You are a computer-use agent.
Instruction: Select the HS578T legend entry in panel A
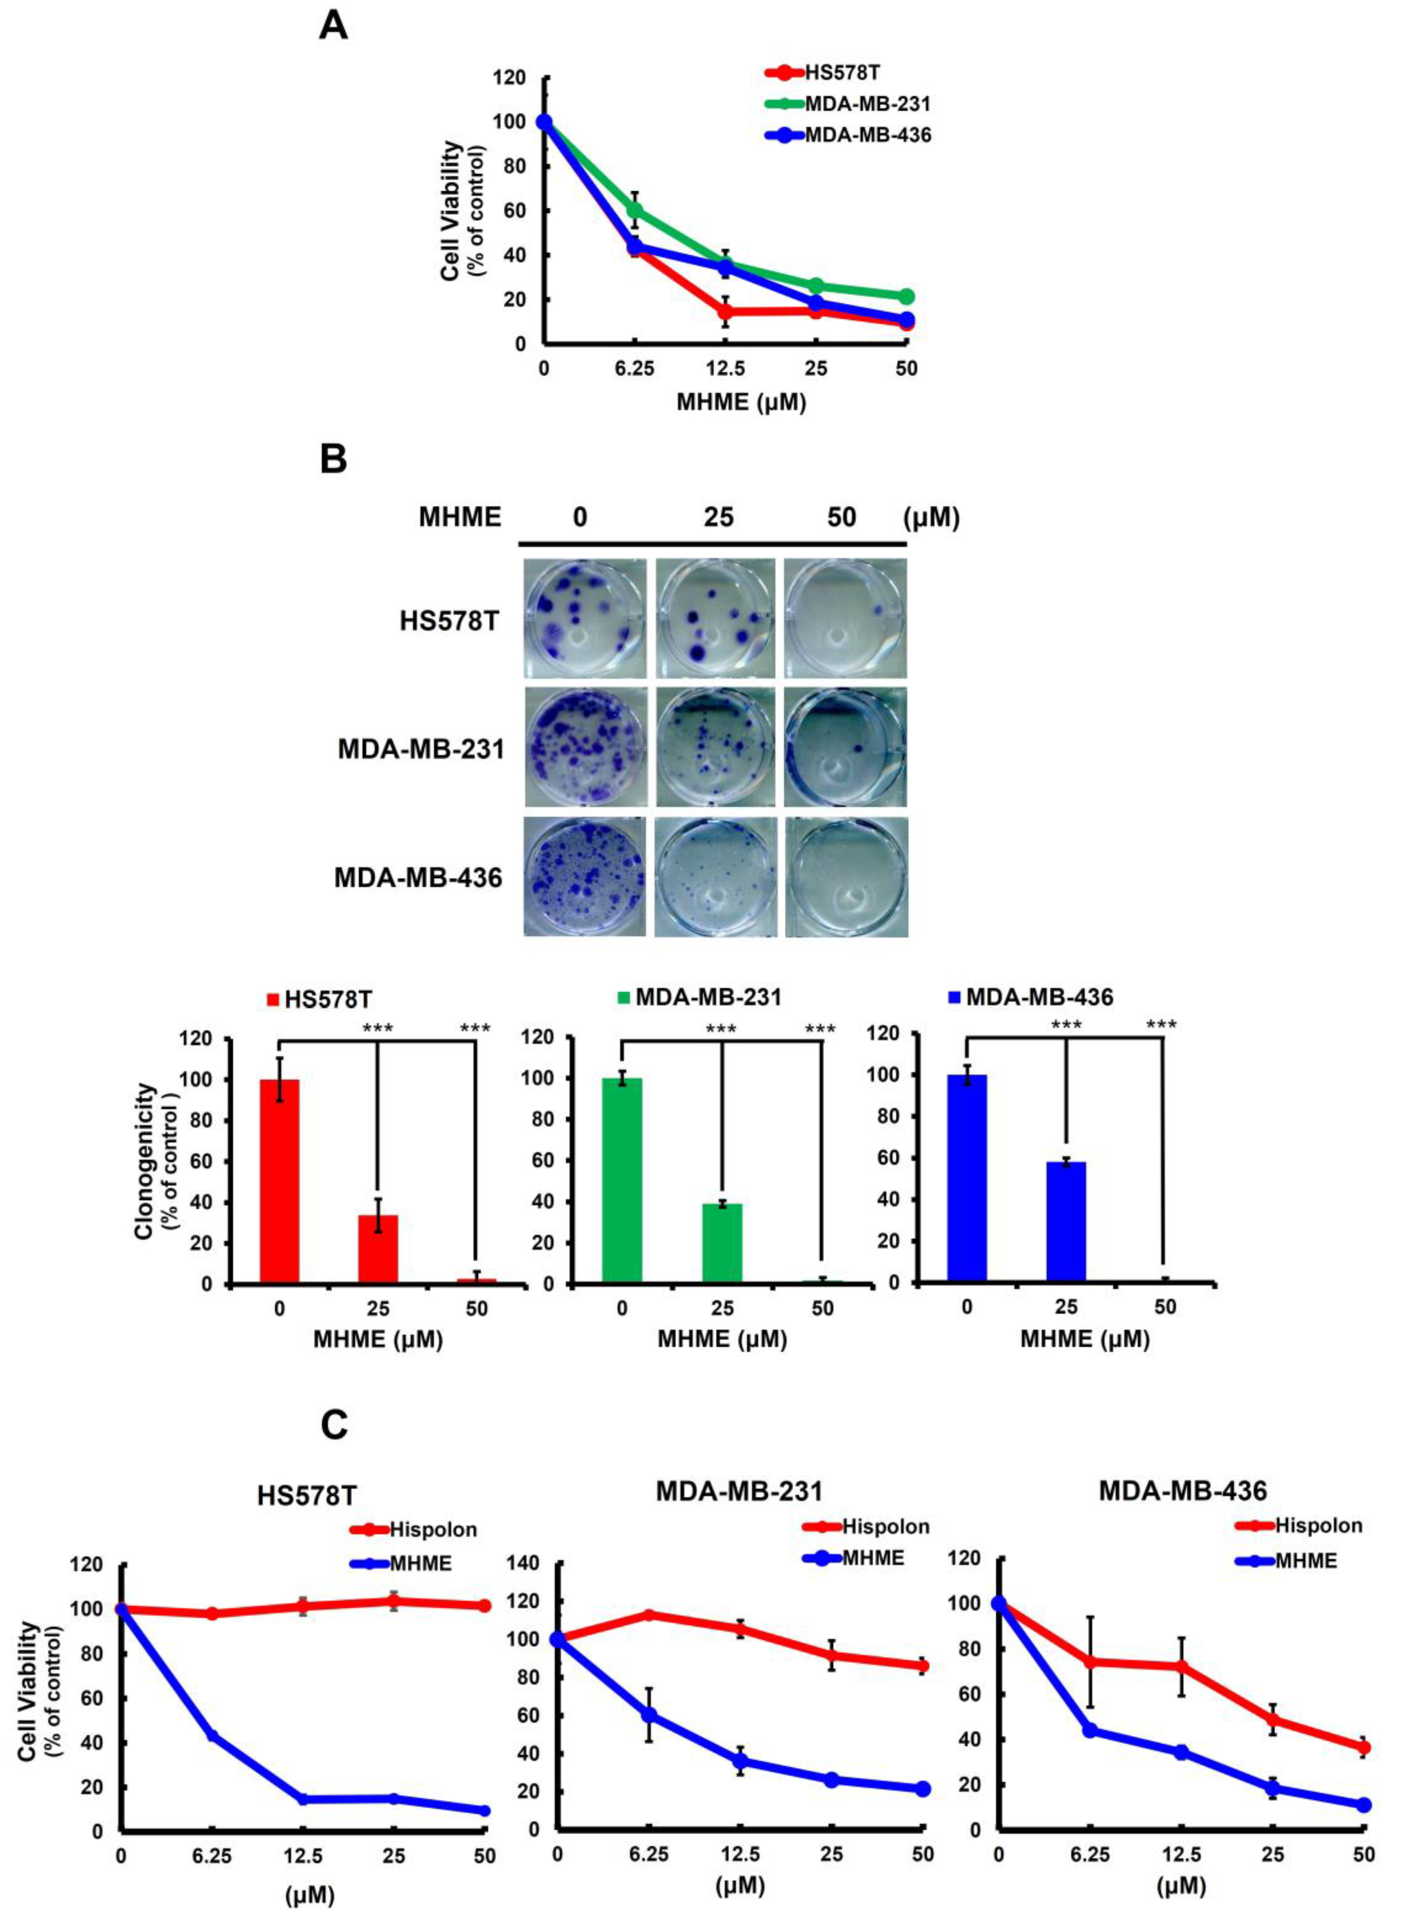(842, 73)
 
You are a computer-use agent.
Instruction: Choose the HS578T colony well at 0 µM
(585, 618)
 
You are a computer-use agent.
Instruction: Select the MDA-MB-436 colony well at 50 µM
(846, 877)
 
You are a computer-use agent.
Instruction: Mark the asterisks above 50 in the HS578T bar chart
(475, 1029)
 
